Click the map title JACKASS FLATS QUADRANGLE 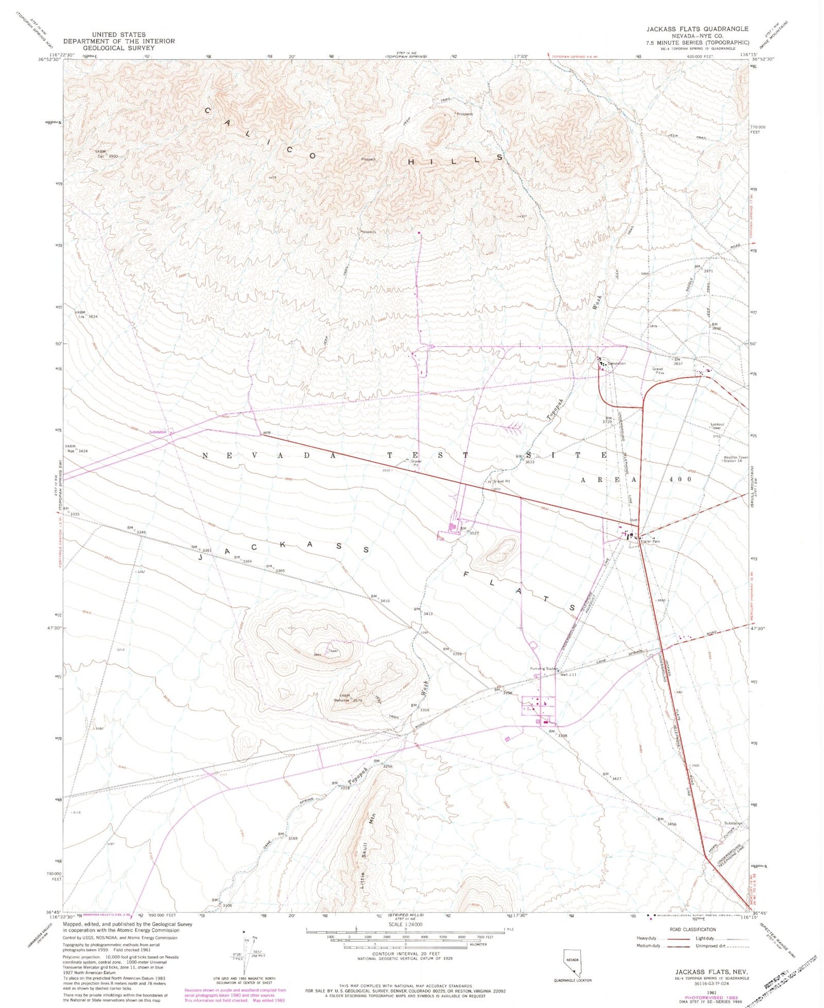pyautogui.click(x=697, y=29)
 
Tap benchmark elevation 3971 pyautogui.click(x=708, y=271)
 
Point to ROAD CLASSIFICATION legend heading pyautogui.click(x=692, y=929)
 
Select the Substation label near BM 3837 pyautogui.click(x=616, y=364)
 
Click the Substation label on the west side pyautogui.click(x=158, y=432)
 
